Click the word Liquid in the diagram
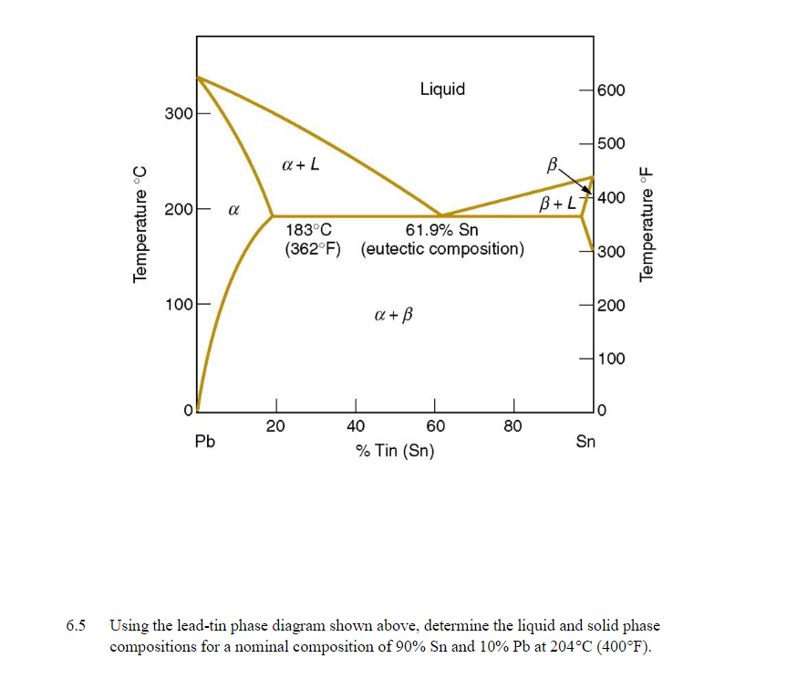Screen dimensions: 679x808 coord(442,89)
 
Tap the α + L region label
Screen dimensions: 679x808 coord(300,166)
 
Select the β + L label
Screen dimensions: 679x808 coord(557,202)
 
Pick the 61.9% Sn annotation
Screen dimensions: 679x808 coord(441,231)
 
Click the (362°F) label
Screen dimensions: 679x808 coord(312,249)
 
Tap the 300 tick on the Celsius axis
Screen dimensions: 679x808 coord(177,113)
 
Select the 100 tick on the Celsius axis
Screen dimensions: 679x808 coord(177,303)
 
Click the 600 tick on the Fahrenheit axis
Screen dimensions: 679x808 coord(612,90)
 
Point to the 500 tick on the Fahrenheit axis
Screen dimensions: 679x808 coord(612,143)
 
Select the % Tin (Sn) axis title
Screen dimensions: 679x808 coord(395,451)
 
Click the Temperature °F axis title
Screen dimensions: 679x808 coord(647,224)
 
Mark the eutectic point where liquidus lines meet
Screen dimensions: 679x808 coord(440,215)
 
